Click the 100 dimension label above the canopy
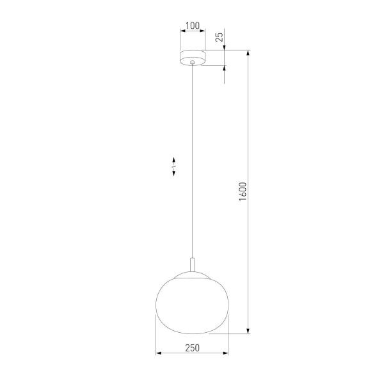coord(191,26)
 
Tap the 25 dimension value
coord(220,37)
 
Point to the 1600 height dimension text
coord(242,193)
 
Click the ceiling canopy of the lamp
coord(192,56)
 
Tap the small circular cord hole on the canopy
coord(192,61)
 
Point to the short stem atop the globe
coord(192,266)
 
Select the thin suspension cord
coord(192,160)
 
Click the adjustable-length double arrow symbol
coord(175,166)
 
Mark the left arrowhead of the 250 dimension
coord(159,353)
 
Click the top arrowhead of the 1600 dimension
coord(248,52)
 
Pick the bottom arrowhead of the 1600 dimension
coord(248,331)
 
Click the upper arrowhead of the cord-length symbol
coord(175,158)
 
